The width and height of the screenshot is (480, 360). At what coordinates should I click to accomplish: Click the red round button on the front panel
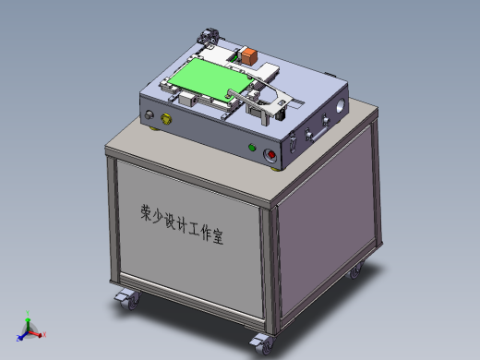pos(271,155)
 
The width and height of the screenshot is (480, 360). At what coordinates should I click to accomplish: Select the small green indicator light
pos(251,146)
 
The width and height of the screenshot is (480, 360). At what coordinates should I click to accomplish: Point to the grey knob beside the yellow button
pos(149,115)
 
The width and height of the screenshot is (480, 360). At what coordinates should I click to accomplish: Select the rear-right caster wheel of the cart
pos(355,270)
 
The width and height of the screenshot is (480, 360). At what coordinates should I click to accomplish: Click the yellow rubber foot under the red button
pos(272,167)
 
